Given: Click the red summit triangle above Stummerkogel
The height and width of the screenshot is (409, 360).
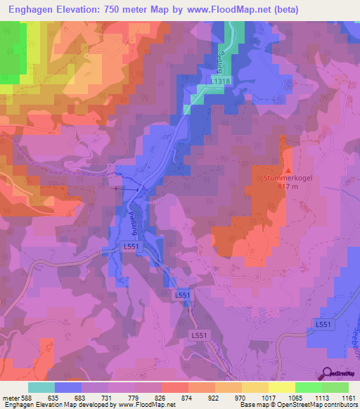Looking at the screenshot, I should [288, 169].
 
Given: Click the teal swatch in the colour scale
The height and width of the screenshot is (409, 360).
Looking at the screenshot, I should [41, 387].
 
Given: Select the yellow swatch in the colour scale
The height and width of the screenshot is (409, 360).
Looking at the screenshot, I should [255, 387].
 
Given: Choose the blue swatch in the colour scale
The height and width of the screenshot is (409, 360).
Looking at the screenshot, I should [68, 387].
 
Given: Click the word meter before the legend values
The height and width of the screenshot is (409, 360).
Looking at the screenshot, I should [10, 397].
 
